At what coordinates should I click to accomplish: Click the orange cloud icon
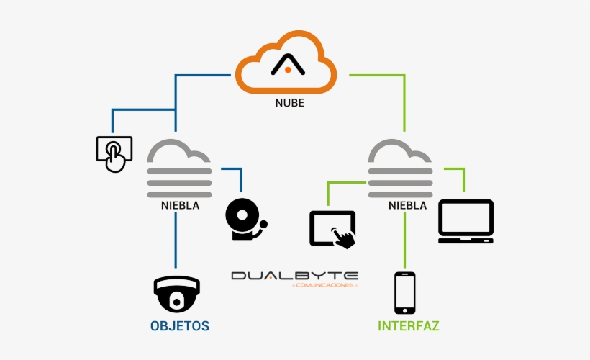click(x=286, y=65)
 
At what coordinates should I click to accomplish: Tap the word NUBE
click(x=289, y=103)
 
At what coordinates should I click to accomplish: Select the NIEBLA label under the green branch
click(x=407, y=205)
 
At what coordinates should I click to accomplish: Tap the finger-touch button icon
click(x=114, y=153)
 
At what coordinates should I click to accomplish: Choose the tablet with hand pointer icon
click(x=332, y=230)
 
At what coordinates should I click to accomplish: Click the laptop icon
click(x=466, y=221)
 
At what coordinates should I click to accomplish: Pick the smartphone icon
click(x=404, y=292)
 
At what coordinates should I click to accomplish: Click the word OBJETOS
click(x=180, y=326)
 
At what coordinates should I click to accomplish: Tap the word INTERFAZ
click(x=409, y=326)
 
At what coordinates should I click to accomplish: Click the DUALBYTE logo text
click(x=294, y=276)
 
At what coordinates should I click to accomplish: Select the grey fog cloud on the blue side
click(x=179, y=169)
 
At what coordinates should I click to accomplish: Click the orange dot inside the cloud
click(x=287, y=70)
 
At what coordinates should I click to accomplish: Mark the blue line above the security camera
click(x=176, y=241)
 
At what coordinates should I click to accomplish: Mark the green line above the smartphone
click(x=405, y=241)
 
